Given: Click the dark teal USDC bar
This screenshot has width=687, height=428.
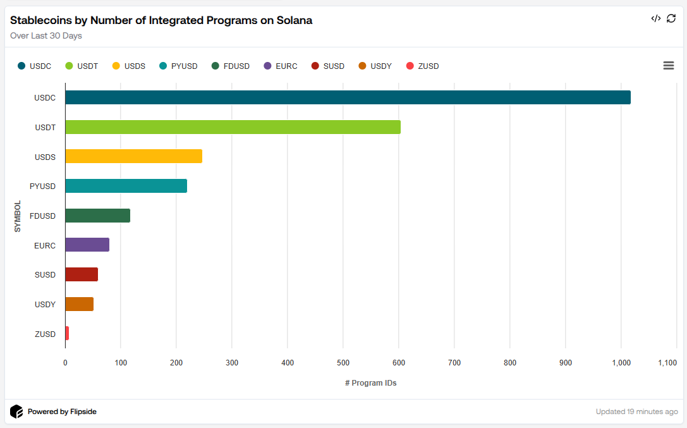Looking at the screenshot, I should (x=348, y=97).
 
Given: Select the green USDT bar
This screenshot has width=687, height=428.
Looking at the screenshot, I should (x=233, y=127).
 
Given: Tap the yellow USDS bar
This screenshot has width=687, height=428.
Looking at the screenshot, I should (x=133, y=156).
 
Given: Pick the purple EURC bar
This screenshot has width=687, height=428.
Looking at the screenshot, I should (x=87, y=245).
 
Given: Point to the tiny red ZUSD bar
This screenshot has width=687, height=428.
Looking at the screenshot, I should (x=67, y=333).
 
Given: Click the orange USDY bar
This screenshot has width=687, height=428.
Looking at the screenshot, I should (x=79, y=304).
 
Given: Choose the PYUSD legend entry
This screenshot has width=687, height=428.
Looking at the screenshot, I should (x=178, y=66).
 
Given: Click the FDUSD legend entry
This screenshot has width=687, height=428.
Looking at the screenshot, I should (x=231, y=66).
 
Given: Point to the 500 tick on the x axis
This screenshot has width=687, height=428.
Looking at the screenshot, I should (x=343, y=362).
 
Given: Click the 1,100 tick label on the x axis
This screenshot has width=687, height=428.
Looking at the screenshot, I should (x=667, y=362).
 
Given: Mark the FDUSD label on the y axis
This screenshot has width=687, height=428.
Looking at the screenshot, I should (x=42, y=216).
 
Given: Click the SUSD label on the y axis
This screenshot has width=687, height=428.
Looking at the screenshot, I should (x=45, y=274).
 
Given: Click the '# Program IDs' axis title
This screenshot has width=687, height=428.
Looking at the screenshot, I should (x=370, y=383).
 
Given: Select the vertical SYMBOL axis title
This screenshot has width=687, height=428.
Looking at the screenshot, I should (x=18, y=216).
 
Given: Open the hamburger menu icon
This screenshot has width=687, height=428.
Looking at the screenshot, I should (x=668, y=66).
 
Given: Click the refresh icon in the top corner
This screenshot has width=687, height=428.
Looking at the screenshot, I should (x=671, y=18).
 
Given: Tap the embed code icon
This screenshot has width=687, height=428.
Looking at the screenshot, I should (x=655, y=18).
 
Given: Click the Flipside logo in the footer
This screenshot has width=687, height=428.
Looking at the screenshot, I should (x=16, y=412).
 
